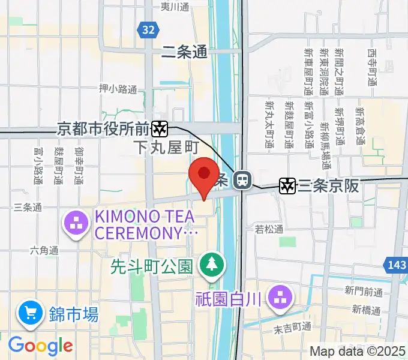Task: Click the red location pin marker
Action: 204,175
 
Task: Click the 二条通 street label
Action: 184,53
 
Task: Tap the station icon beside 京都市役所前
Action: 159,128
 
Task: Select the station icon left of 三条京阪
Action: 288,186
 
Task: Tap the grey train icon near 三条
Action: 242,179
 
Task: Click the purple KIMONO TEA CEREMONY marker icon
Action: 76,225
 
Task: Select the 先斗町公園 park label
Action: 151,266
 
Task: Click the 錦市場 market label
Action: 73,313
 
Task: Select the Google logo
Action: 40,345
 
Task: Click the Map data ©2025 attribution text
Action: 358,352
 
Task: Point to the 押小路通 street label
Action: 118,89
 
